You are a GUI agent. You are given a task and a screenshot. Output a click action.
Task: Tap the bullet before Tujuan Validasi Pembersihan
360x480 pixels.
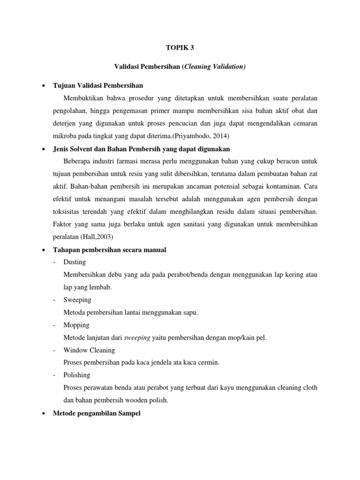click(43, 86)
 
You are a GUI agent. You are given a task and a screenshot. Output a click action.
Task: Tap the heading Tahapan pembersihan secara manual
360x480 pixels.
click(109, 250)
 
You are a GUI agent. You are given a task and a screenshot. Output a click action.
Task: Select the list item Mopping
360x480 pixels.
click(76, 325)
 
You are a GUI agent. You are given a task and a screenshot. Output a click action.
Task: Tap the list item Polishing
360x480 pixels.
click(77, 375)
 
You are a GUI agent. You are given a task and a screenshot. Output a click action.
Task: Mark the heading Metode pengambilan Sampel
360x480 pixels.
click(97, 414)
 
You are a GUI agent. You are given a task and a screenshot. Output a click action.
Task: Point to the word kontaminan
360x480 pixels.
click(298, 187)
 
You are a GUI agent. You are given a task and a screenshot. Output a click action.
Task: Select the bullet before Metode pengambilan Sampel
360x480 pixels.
click(43, 414)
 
